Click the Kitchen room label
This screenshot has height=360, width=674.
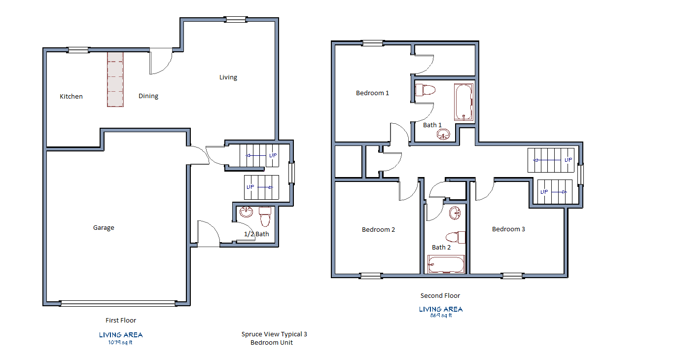71,97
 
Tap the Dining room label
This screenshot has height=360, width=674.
148,96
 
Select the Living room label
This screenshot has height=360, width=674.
228,77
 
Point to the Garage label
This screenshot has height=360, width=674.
104,228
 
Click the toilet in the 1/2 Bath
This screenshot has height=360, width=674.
265,216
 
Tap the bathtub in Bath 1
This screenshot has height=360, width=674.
463,103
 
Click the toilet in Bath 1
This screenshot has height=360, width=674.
426,90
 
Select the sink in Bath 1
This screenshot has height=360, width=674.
444,134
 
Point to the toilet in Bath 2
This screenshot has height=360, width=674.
456,237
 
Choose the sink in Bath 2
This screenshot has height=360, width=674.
455,213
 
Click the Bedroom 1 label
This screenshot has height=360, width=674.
372,93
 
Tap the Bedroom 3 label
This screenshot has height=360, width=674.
508,229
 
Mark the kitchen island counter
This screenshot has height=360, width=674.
115,79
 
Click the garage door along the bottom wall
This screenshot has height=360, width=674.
118,304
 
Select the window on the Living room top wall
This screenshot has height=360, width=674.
236,20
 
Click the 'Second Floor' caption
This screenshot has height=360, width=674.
440,296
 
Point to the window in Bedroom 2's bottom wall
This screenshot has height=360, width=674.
371,276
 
